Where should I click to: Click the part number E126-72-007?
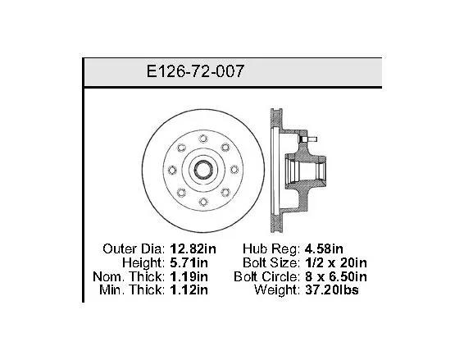click(x=195, y=71)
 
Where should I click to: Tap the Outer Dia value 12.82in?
click(x=193, y=248)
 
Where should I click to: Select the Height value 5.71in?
click(x=189, y=262)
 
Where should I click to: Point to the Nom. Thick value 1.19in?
click(x=189, y=276)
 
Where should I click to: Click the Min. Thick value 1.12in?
click(x=189, y=289)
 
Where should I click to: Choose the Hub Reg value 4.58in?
click(x=324, y=248)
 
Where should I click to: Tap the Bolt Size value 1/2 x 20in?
click(x=336, y=262)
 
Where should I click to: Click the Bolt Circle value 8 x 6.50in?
click(x=336, y=276)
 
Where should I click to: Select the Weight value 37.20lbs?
click(x=332, y=289)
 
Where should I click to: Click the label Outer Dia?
click(x=134, y=248)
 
